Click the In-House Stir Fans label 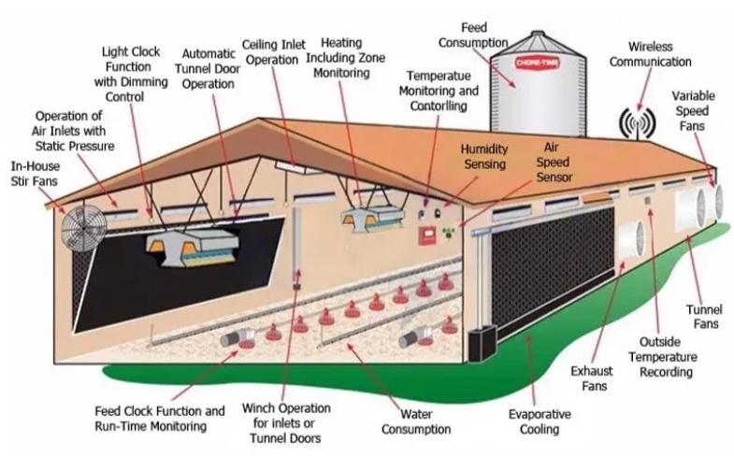click(x=36, y=174)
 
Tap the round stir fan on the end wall click(x=84, y=229)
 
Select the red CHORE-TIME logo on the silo click(x=538, y=64)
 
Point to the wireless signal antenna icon click(x=637, y=123)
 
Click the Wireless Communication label click(x=650, y=54)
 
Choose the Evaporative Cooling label click(x=540, y=421)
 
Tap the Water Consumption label click(x=416, y=421)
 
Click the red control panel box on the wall click(x=427, y=235)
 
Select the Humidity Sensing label click(x=484, y=156)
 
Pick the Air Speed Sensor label click(x=554, y=163)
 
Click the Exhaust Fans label click(x=592, y=378)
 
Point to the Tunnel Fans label click(x=704, y=317)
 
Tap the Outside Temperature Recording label click(x=662, y=357)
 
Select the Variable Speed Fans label click(x=693, y=111)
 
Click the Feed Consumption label click(x=473, y=36)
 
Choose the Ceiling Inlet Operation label click(x=273, y=52)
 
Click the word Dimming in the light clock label click(x=144, y=82)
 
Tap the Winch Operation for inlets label click(x=286, y=423)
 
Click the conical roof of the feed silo click(x=538, y=46)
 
